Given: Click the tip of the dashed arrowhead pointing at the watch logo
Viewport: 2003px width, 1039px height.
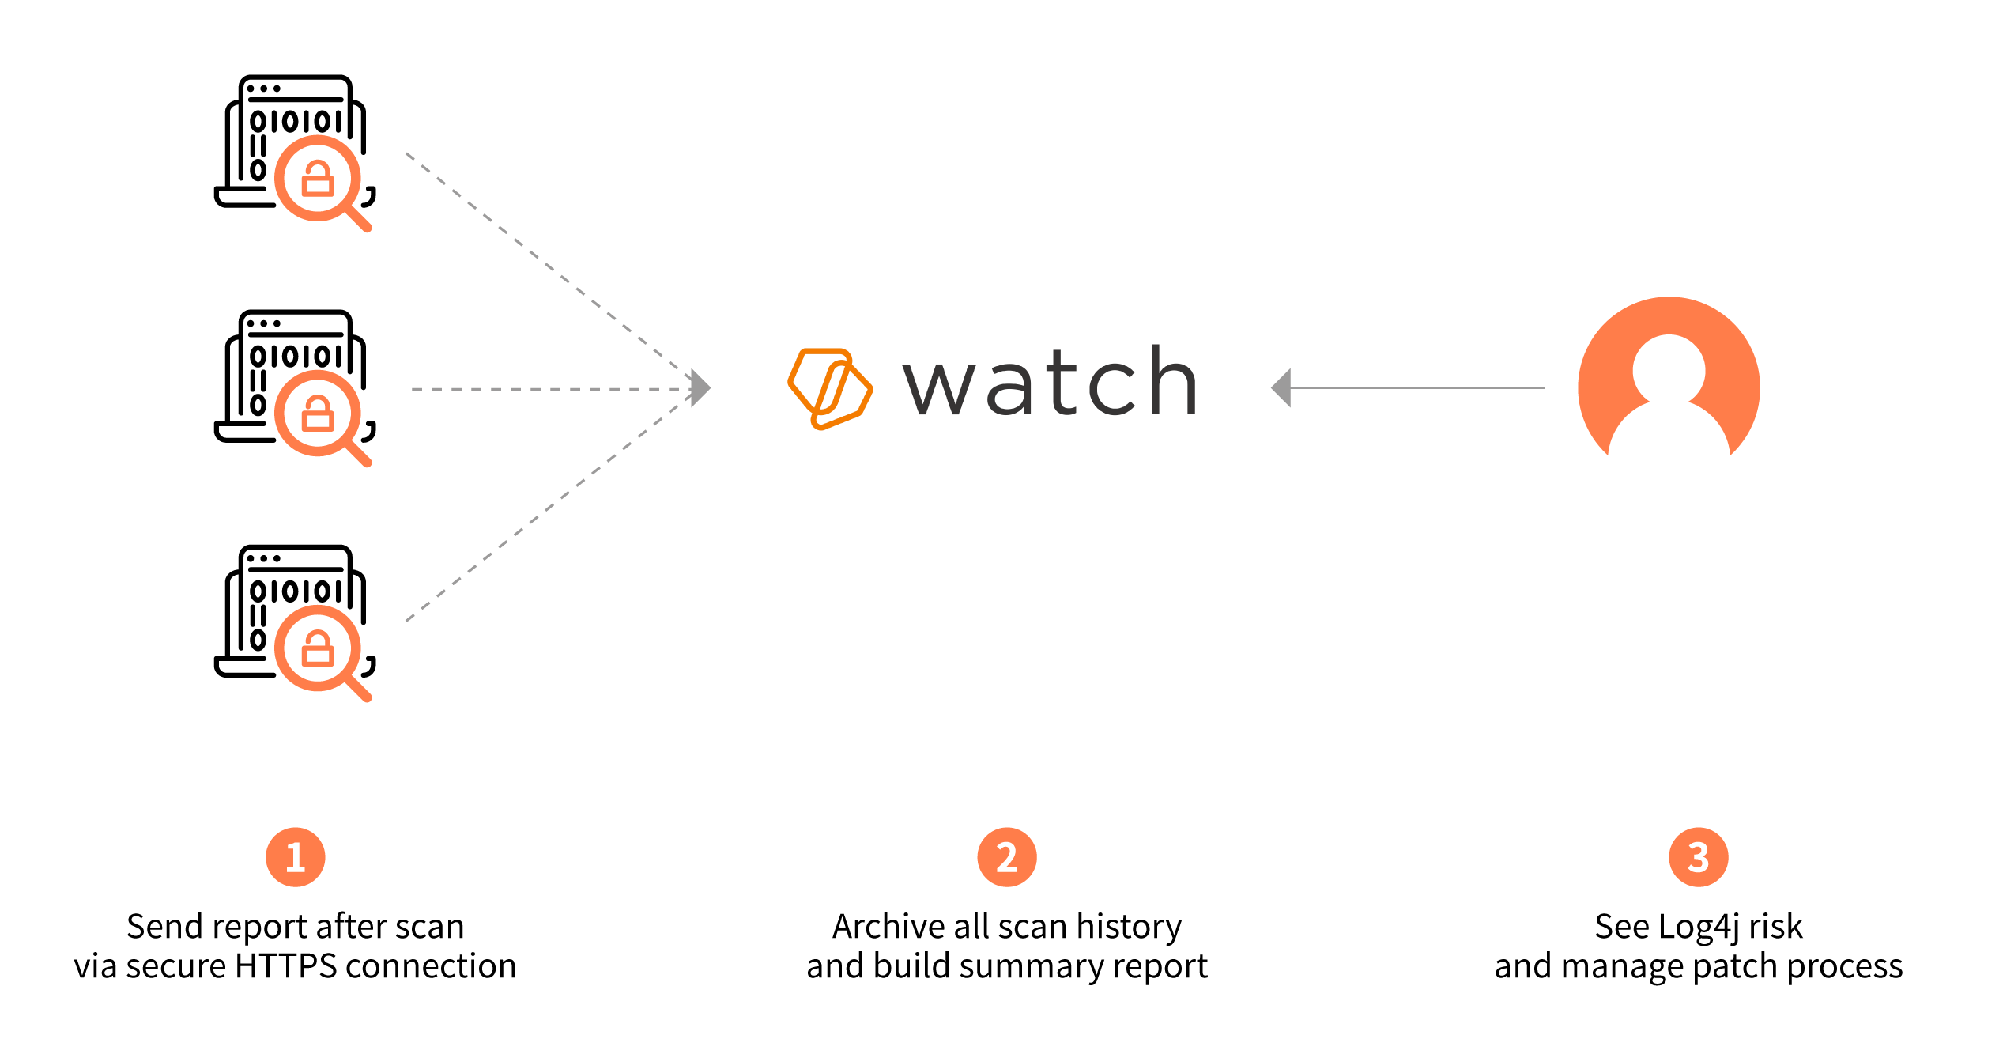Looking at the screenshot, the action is pos(711,388).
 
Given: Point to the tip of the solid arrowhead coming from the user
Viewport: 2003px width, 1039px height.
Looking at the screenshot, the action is pos(1271,387).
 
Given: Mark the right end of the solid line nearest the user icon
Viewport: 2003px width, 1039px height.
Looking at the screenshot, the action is pos(1545,387).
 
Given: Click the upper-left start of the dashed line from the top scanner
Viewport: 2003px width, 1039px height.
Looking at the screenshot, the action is pos(406,153).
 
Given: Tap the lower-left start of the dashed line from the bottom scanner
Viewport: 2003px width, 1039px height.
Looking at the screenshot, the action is pos(406,621).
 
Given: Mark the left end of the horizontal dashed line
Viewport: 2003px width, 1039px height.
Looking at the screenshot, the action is pos(412,389).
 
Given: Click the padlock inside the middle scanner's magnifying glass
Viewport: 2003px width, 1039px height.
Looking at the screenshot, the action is pos(318,413).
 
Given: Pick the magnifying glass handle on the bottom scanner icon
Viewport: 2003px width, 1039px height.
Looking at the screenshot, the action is pos(356,688).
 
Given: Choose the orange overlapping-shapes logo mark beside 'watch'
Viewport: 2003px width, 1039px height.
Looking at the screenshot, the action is pos(830,388).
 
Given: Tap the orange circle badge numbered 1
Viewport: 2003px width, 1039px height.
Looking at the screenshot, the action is pos(296,857).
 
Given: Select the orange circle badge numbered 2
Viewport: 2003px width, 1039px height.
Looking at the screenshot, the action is pos(1007,857).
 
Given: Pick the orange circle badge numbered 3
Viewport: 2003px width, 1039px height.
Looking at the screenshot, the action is pos(1699,857).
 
